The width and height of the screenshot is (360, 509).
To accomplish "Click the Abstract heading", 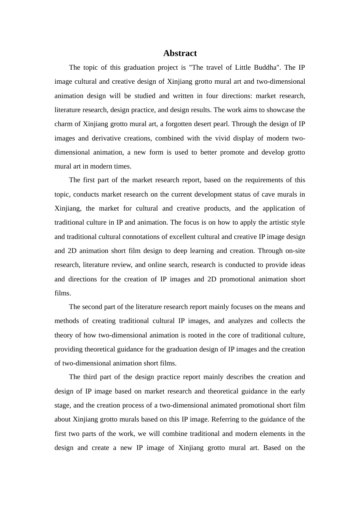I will pyautogui.click(x=180, y=53).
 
